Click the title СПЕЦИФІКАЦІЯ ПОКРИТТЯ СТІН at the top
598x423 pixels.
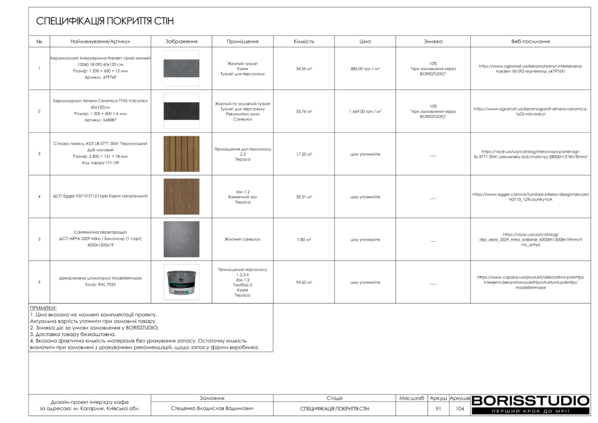tap(105, 22)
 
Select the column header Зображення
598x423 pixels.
tap(182, 41)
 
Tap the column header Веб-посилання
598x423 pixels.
tap(530, 41)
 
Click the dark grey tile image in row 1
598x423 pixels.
tap(182, 68)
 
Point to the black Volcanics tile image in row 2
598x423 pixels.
tap(182, 111)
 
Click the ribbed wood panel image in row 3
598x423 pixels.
tap(182, 154)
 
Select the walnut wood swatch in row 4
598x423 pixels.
tap(182, 196)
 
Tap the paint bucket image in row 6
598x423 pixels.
tap(182, 282)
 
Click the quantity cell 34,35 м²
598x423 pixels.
tap(304, 68)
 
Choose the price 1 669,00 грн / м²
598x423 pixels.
tap(365, 111)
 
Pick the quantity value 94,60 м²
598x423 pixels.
tap(304, 282)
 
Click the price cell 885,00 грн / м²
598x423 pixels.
tap(365, 68)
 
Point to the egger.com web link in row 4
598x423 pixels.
tap(530, 196)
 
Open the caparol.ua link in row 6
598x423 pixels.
tap(530, 282)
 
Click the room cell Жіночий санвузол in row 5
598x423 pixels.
tap(242, 240)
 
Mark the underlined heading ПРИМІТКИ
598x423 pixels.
tap(43, 308)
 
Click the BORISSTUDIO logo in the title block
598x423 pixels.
tap(530, 401)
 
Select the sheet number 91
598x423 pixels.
tap(438, 409)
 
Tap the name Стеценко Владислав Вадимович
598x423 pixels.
tap(213, 409)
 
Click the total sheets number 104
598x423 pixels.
tap(460, 409)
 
